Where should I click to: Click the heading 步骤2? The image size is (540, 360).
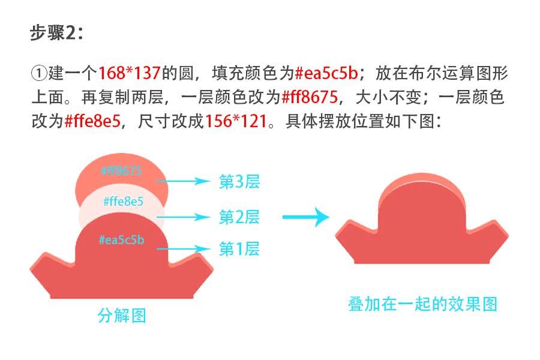click(x=57, y=33)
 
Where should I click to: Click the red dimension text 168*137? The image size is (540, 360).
click(x=130, y=73)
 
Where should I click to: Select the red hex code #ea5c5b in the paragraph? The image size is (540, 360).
click(x=327, y=73)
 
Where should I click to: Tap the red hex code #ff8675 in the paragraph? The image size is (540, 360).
click(x=310, y=97)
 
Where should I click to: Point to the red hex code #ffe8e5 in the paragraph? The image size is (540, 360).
click(x=93, y=121)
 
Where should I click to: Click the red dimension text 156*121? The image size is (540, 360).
click(x=236, y=121)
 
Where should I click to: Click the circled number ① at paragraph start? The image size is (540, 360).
click(x=39, y=73)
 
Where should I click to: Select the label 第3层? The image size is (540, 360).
click(x=239, y=182)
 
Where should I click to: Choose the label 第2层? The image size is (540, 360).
click(x=239, y=217)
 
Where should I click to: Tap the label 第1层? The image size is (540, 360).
click(x=239, y=249)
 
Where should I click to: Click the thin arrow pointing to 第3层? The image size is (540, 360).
click(x=183, y=181)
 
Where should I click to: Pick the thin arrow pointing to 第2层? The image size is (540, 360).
click(x=183, y=217)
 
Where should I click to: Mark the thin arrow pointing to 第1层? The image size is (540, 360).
click(x=183, y=249)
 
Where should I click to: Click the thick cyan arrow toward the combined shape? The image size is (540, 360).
click(x=306, y=217)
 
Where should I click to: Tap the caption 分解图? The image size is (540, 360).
click(x=122, y=315)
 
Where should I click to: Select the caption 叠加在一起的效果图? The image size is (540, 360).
click(x=422, y=304)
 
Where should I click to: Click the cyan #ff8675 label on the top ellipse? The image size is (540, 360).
click(x=121, y=170)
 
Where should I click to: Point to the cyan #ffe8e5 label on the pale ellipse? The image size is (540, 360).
click(x=123, y=201)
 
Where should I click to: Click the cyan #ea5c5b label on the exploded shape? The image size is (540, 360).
click(x=121, y=240)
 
